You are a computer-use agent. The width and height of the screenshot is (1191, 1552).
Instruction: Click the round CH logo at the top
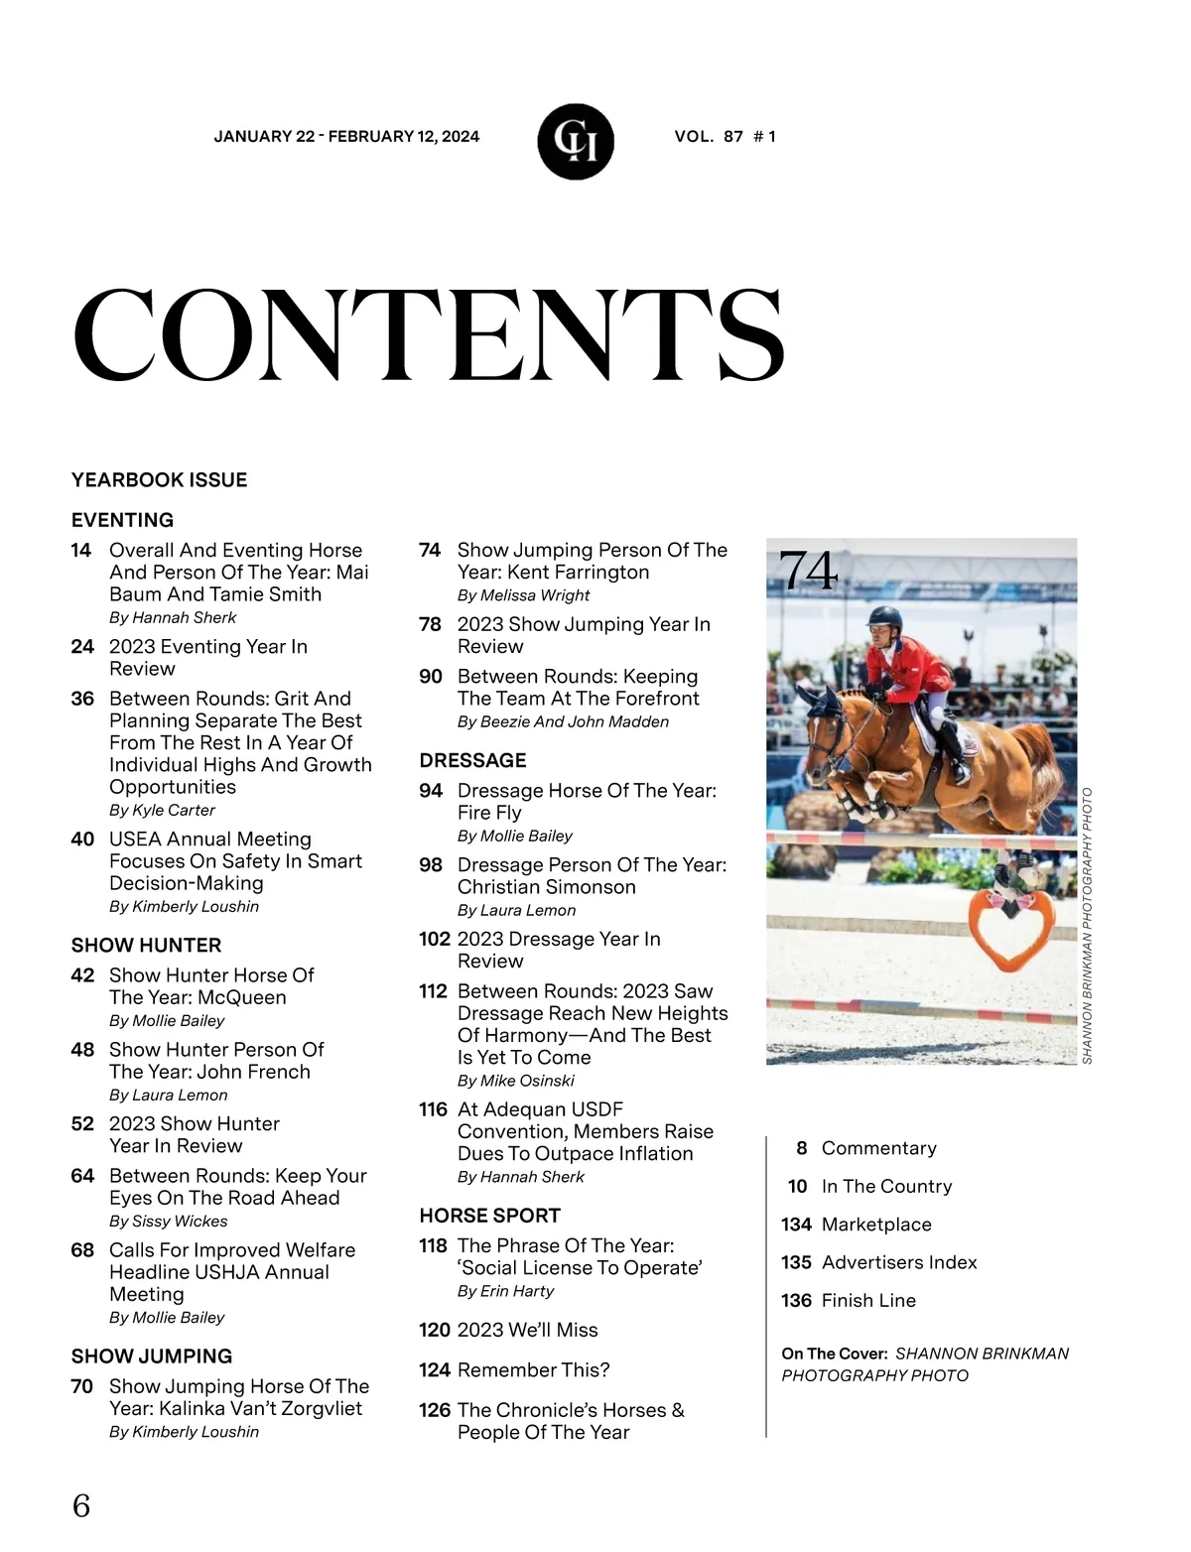[576, 142]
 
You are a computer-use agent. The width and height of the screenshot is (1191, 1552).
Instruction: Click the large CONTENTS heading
[429, 335]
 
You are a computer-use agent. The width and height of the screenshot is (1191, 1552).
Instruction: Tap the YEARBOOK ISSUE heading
[159, 480]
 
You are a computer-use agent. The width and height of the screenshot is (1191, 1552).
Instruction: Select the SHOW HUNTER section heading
[146, 946]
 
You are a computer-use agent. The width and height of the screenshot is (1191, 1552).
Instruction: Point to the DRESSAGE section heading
[472, 761]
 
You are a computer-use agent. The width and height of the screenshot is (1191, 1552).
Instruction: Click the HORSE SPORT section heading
[489, 1216]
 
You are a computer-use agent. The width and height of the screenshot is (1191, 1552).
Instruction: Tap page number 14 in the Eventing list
[81, 551]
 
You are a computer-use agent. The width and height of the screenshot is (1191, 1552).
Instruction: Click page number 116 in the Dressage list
[433, 1109]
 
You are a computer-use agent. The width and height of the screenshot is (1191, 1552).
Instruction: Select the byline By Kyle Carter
[162, 810]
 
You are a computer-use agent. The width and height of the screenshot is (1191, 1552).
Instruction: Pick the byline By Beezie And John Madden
[563, 722]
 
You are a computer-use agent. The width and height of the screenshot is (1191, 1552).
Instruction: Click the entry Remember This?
[533, 1370]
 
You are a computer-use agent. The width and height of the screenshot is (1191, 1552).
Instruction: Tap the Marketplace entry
[876, 1225]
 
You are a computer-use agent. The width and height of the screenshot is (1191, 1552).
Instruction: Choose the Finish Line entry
[868, 1301]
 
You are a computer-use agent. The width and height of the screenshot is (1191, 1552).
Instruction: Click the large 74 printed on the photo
[808, 571]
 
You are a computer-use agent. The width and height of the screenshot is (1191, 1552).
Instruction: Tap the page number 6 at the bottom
[81, 1505]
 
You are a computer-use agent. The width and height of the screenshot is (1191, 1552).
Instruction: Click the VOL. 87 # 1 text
[725, 137]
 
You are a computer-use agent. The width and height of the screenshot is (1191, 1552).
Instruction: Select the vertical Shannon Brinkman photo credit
[1087, 926]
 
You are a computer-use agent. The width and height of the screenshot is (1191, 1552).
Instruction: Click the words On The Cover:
[834, 1354]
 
